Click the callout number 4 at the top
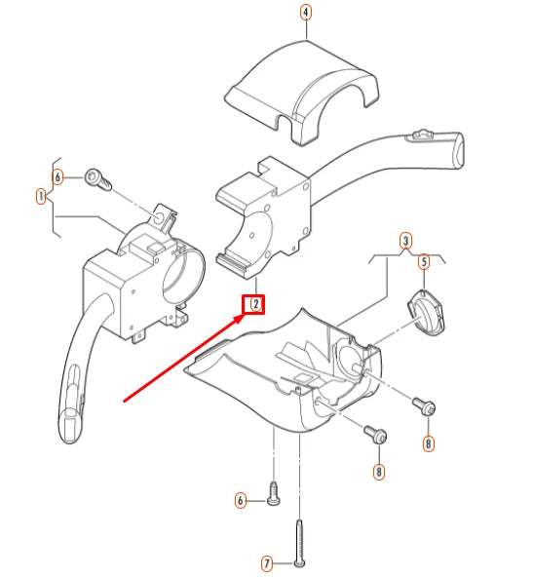click(x=306, y=13)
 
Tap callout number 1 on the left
click(x=42, y=196)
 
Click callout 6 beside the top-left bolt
click(x=58, y=177)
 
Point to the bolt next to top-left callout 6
click(x=95, y=178)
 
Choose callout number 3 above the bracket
click(x=406, y=241)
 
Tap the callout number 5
click(x=424, y=261)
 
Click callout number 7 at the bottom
click(x=265, y=563)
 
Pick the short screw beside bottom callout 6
click(x=274, y=496)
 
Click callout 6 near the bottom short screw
click(x=241, y=501)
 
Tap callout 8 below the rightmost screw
click(x=428, y=444)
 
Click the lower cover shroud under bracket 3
click(x=292, y=375)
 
